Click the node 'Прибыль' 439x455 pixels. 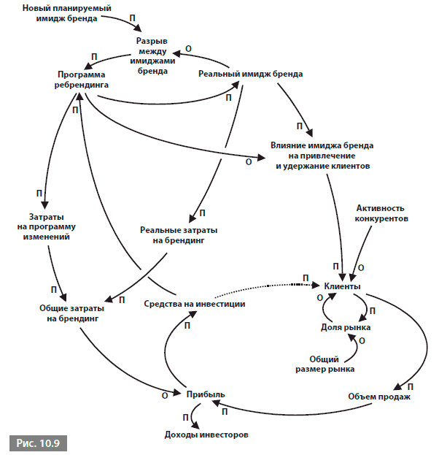tap(206, 394)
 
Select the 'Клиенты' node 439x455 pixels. tap(342, 286)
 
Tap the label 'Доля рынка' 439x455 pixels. tap(346, 327)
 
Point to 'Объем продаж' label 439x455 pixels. tap(379, 397)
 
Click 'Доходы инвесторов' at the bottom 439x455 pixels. tap(206, 435)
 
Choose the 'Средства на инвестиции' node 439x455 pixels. tap(195, 304)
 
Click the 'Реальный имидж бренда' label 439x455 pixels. tap(250, 74)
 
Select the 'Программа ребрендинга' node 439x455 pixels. tap(82, 80)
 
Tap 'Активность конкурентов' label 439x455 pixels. tap(381, 213)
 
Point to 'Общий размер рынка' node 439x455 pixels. tap(325, 364)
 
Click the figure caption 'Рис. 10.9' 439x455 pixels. tap(38, 443)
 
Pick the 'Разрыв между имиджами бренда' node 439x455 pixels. tap(152, 56)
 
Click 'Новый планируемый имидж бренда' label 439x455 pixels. tap(67, 13)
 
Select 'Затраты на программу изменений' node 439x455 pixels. tap(47, 226)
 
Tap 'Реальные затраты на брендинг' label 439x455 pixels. tap(179, 235)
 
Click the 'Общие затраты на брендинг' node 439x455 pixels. tap(72, 313)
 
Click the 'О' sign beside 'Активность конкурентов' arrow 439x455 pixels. tap(361, 268)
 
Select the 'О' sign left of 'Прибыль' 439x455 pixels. tap(165, 396)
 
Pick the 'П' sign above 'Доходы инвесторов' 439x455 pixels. tap(186, 418)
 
